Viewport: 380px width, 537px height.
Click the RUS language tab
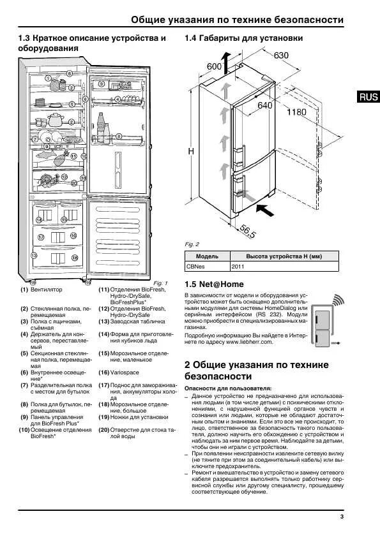pyautogui.click(x=369, y=97)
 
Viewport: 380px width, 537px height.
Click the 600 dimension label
pyautogui.click(x=214, y=66)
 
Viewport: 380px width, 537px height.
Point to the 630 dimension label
pyautogui.click(x=282, y=55)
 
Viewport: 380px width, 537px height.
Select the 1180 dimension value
pyautogui.click(x=296, y=112)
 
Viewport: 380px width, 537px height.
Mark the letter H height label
pyautogui.click(x=191, y=152)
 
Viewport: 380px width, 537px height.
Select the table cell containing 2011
pyautogui.click(x=238, y=267)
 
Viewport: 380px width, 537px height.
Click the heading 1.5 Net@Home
pyautogui.click(x=214, y=284)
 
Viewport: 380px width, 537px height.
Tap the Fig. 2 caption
pyautogui.click(x=192, y=244)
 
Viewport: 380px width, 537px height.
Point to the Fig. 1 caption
pyautogui.click(x=160, y=283)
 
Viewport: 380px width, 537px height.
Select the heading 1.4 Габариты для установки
pyautogui.click(x=243, y=38)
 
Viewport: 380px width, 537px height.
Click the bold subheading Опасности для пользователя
pyautogui.click(x=227, y=388)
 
